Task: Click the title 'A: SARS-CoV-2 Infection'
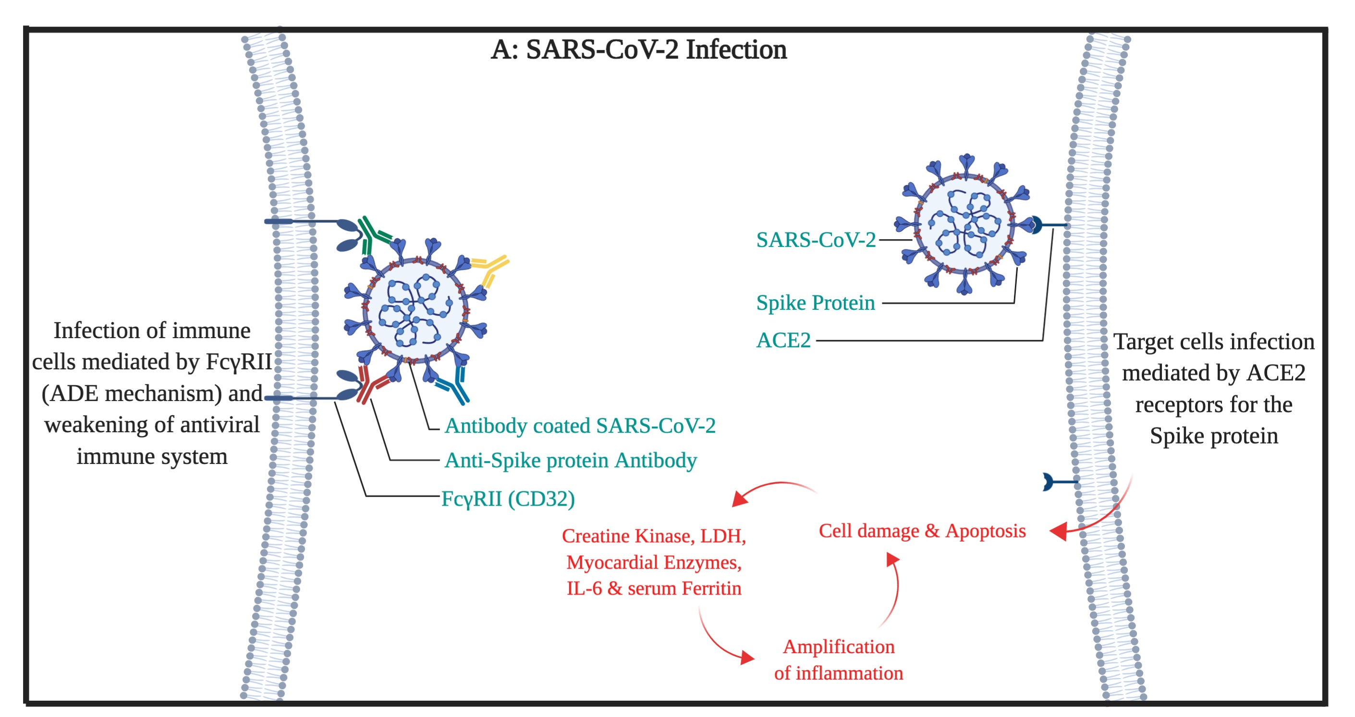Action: coord(638,50)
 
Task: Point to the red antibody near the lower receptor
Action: coord(371,384)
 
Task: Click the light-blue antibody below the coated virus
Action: coord(453,386)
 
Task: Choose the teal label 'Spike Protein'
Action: coord(815,303)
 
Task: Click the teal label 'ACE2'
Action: coord(783,340)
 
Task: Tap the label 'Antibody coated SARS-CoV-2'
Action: coord(580,425)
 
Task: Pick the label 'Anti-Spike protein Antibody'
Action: coord(571,460)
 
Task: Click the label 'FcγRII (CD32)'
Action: coord(508,498)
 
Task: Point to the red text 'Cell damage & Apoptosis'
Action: coord(922,531)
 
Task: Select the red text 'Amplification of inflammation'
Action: coord(839,660)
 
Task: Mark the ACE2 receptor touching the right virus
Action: coord(1047,225)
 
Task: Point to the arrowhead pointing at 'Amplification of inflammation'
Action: coord(747,657)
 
